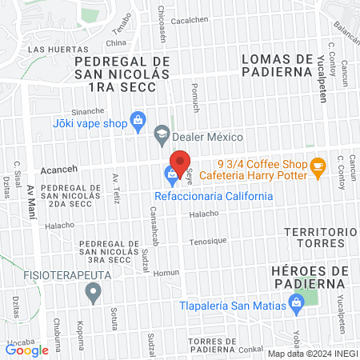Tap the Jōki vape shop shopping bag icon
click(138, 122)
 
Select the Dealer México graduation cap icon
click(162, 136)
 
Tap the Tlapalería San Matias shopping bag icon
click(297, 302)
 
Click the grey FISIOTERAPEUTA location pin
click(94, 294)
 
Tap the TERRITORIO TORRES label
click(319, 238)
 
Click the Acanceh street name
click(58, 171)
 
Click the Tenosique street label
click(208, 241)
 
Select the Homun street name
click(166, 272)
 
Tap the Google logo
click(26, 349)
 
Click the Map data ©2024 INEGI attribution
click(312, 354)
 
